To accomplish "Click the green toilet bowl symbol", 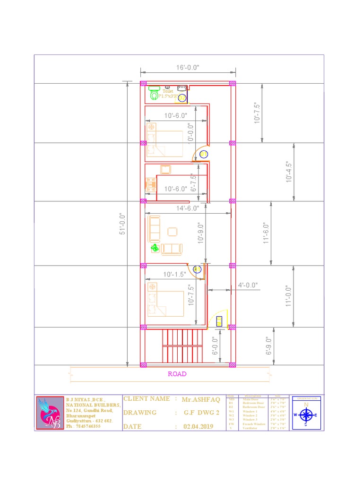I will click(154, 93).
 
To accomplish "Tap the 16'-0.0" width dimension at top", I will click(188, 68).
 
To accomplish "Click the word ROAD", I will click(177, 374).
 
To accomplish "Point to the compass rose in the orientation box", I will click(306, 415).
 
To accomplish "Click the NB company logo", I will click(50, 413).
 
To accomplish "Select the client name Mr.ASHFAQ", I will click(201, 399).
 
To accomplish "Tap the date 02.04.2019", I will click(198, 427).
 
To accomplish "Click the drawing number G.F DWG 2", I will click(202, 413).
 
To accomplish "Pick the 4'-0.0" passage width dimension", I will click(248, 285).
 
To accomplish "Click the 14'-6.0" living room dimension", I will click(188, 207).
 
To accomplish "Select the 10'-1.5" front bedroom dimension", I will click(175, 274).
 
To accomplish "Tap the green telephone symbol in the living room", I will click(155, 248).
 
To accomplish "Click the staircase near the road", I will click(182, 345).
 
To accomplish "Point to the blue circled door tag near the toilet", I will click(181, 97).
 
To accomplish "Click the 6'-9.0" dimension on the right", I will click(268, 346).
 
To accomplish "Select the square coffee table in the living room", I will click(173, 232).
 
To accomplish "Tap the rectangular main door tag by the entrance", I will click(219, 321).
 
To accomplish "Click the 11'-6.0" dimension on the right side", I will click(266, 233).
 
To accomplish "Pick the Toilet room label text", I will click(168, 91).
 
